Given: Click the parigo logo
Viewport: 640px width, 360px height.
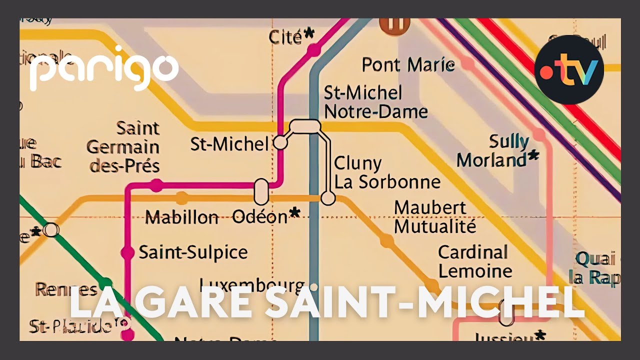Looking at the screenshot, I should pos(103,68).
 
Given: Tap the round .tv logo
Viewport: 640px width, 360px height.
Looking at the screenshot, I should pos(569,69).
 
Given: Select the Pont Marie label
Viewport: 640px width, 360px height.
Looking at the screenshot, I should pos(408,65).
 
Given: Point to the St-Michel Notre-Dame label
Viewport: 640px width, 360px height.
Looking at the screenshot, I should pos(375,102).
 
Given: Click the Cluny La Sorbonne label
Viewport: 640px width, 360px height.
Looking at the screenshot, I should pos(387,172).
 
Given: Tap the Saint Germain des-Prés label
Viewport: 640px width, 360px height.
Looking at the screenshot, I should pos(123,147).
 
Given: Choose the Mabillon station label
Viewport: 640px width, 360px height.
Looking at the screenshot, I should pos(182,217).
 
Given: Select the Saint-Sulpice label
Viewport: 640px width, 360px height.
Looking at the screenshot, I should pos(193,252).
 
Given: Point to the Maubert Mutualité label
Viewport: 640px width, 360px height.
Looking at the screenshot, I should pos(434,217).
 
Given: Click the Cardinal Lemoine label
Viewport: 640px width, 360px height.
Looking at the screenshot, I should pos(474,261).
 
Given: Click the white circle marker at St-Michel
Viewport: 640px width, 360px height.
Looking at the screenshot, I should pos(280,143).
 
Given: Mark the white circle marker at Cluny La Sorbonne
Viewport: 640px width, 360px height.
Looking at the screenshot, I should pos(327,198).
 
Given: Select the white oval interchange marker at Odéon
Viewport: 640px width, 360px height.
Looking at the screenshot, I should pos(261,191).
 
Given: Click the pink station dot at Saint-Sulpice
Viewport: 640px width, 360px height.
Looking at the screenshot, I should pos(128,253).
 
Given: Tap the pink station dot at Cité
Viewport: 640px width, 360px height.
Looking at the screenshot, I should pos(313,50).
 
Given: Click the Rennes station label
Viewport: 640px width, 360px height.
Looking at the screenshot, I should pos(66,289).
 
